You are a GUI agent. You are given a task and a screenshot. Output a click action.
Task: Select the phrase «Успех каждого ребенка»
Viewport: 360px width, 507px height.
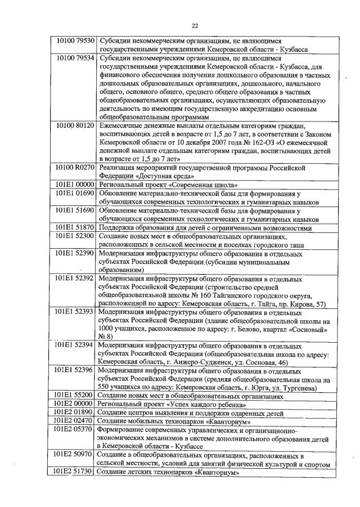click(x=206, y=405)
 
